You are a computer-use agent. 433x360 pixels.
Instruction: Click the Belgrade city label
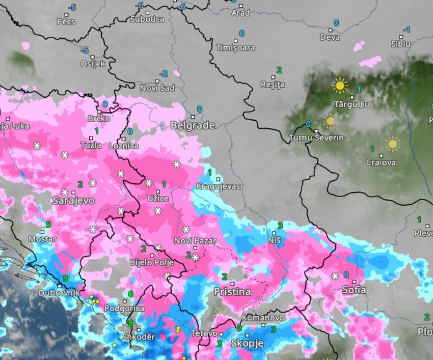pos(193,125)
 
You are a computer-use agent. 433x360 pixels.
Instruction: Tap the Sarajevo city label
pos(73,201)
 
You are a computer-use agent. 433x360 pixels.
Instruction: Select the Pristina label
pos(232,292)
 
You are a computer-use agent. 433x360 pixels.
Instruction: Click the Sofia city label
pos(354,290)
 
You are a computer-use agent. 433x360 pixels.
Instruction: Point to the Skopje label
pos(247,343)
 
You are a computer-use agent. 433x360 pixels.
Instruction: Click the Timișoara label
pos(235,48)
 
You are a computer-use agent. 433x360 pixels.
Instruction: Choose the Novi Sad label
pos(157,88)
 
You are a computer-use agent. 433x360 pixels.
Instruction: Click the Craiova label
pos(381,163)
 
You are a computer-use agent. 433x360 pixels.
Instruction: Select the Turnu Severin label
pos(316,138)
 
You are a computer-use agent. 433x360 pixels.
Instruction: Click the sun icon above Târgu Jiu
pos(339,85)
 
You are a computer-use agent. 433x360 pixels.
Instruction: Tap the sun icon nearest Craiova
pos(392,144)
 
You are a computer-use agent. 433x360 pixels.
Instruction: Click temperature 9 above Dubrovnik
pos(65,279)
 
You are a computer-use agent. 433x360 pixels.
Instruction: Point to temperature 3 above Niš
pos(280,226)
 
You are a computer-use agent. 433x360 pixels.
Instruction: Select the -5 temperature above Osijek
pos(85,50)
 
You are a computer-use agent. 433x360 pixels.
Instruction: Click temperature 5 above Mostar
pos(48,225)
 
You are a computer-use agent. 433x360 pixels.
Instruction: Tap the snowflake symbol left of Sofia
pos(335,276)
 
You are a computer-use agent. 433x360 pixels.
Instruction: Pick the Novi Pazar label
pos(195,241)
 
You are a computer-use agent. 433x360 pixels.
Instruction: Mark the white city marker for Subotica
pos(148,12)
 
